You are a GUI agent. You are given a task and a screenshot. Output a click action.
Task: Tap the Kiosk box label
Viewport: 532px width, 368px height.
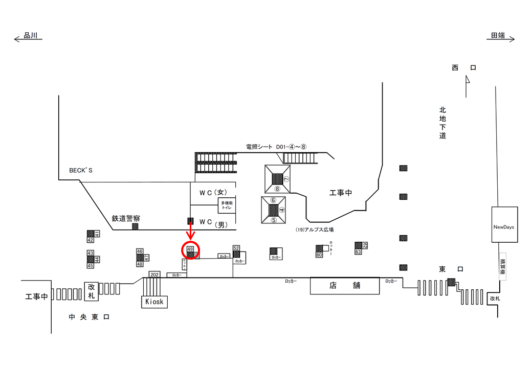pos(154,302)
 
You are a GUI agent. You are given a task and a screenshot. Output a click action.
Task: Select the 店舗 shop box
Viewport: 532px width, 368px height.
pos(345,286)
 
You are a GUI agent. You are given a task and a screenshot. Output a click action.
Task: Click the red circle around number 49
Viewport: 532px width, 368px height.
pos(190,250)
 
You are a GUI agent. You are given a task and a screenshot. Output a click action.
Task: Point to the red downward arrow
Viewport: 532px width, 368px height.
pos(190,233)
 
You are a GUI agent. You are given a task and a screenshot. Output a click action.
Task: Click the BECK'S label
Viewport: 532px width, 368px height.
pos(81,170)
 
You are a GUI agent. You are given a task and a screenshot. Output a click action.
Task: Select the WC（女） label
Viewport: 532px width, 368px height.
pos(213,192)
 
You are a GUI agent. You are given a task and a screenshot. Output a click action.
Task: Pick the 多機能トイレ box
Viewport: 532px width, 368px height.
pos(227,206)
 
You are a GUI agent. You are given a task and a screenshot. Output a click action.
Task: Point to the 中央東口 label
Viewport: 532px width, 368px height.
pos(90,317)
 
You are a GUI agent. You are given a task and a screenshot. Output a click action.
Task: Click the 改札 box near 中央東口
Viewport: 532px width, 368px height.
pos(92,291)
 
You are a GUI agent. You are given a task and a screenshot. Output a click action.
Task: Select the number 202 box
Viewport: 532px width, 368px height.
pos(154,274)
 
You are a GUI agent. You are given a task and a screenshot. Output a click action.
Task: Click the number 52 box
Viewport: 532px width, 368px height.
pos(236,248)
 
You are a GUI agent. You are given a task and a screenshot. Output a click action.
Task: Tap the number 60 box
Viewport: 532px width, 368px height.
pos(319,255)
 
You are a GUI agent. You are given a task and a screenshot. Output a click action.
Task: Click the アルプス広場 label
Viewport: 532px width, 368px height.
pos(315,230)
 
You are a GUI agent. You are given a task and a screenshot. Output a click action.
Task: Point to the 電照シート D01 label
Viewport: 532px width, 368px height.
pos(276,147)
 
